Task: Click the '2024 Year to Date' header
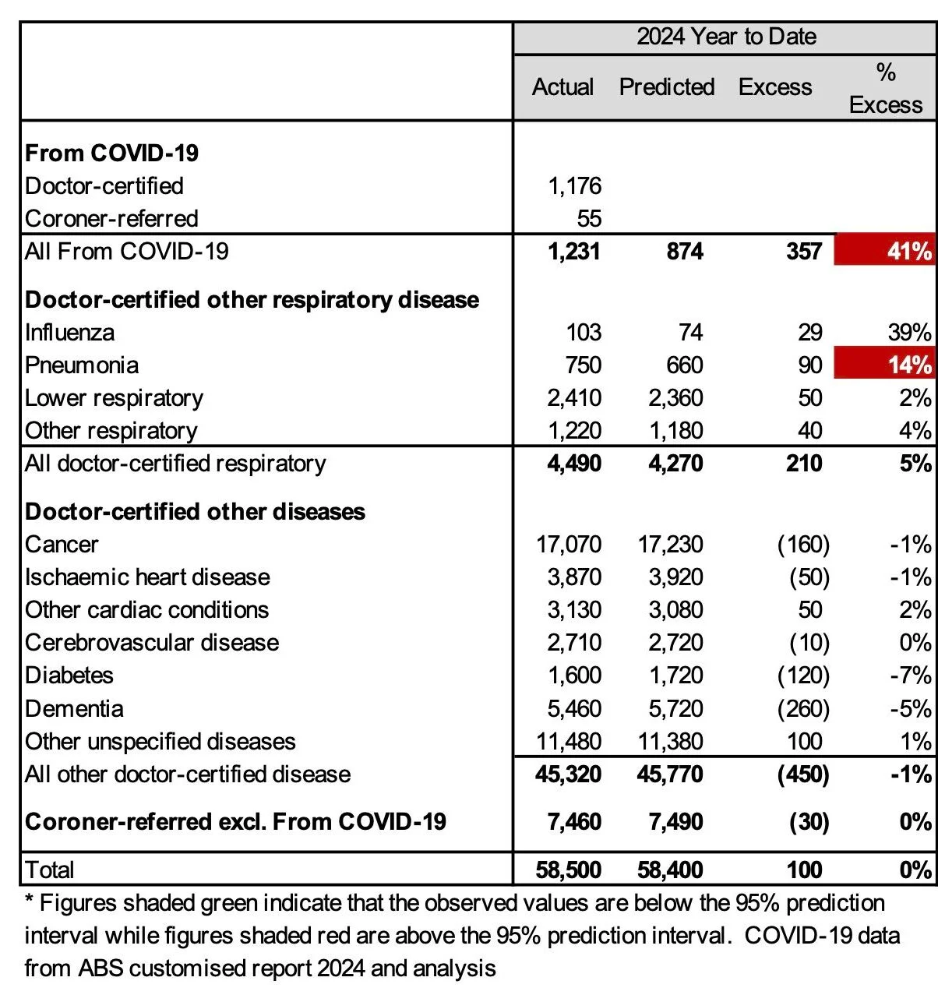pyautogui.click(x=726, y=37)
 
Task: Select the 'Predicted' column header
pyautogui.click(x=667, y=86)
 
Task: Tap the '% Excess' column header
pyautogui.click(x=886, y=88)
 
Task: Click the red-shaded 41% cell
pyautogui.click(x=885, y=251)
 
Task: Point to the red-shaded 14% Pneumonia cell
pyautogui.click(x=885, y=365)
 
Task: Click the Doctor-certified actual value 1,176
pyautogui.click(x=574, y=185)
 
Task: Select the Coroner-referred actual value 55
pyautogui.click(x=589, y=218)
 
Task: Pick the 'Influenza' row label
pyautogui.click(x=69, y=333)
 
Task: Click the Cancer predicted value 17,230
pyautogui.click(x=670, y=544)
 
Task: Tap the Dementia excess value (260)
pyautogui.click(x=803, y=708)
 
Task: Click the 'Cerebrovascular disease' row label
pyautogui.click(x=152, y=642)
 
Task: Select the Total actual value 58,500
pyautogui.click(x=569, y=870)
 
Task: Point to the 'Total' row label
pyautogui.click(x=50, y=870)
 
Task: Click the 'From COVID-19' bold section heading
pyautogui.click(x=111, y=153)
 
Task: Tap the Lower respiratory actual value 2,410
pyautogui.click(x=574, y=397)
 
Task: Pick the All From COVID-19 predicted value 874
pyautogui.click(x=685, y=251)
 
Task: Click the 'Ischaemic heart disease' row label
pyautogui.click(x=147, y=577)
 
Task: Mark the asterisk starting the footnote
pyautogui.click(x=29, y=902)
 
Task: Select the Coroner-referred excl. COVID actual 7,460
pyautogui.click(x=574, y=821)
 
